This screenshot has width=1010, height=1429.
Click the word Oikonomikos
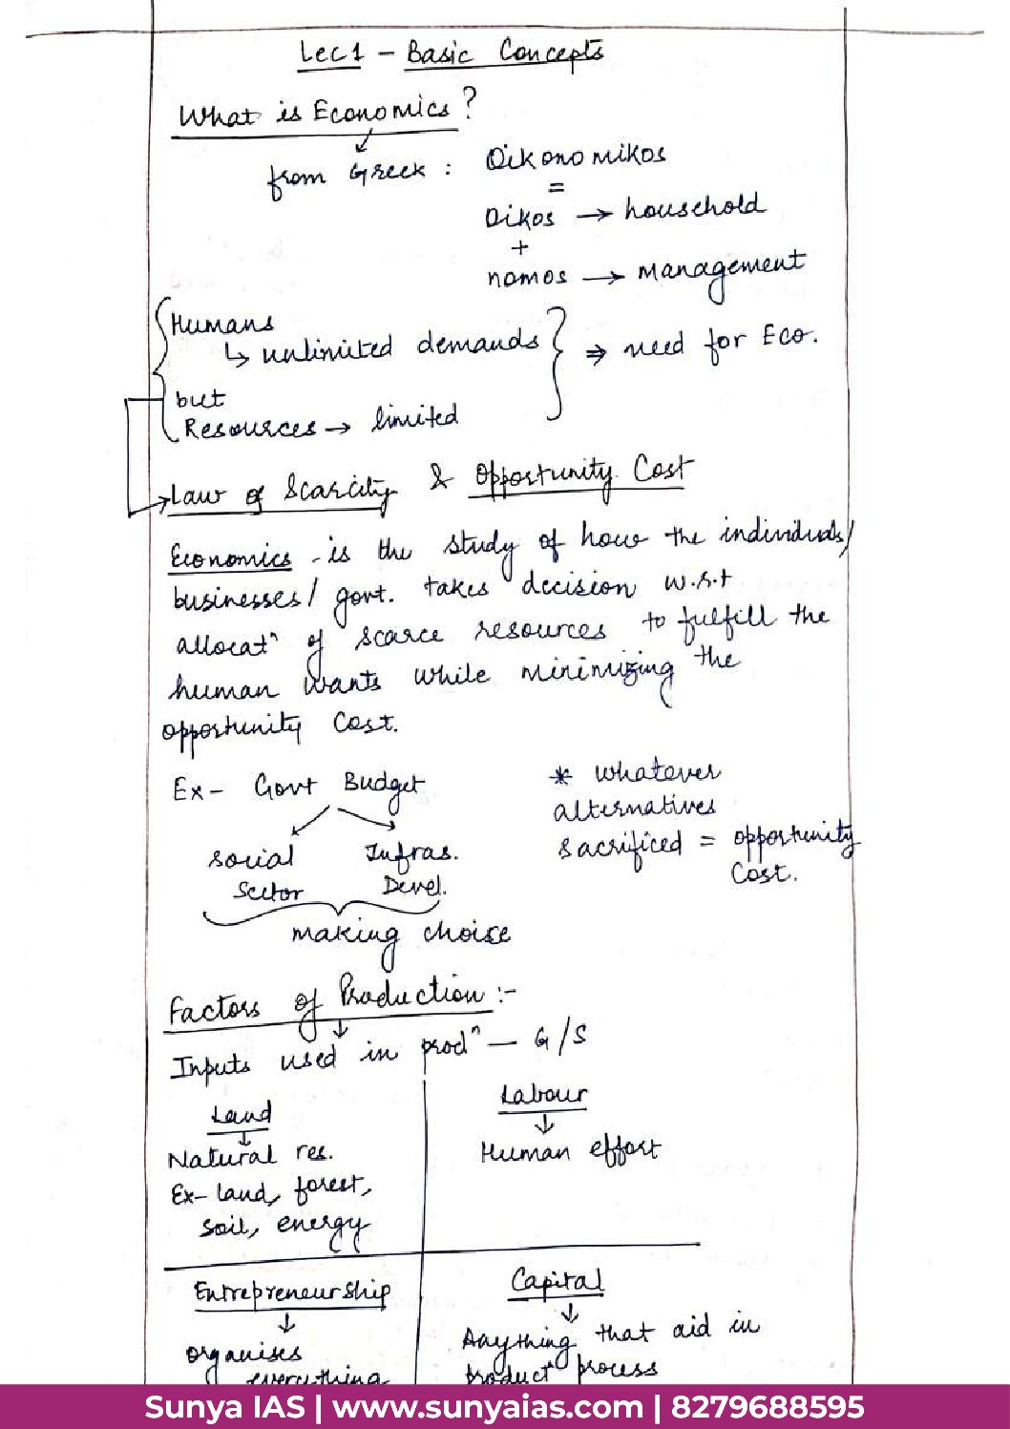(575, 157)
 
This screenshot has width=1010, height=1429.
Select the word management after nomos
(721, 272)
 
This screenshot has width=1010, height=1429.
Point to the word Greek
(388, 173)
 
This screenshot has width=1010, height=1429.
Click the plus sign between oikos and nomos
(519, 247)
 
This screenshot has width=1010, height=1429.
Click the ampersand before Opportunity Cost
(440, 478)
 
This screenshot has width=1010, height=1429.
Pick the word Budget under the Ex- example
(384, 787)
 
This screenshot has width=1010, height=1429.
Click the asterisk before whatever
(561, 776)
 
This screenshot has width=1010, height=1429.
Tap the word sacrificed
(621, 846)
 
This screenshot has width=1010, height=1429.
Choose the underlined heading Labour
(543, 1095)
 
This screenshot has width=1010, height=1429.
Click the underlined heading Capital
(557, 1281)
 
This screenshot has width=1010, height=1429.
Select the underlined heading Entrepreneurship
(291, 1292)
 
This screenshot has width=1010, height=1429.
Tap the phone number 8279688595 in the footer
(768, 1407)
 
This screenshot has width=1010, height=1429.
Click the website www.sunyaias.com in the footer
(487, 1407)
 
